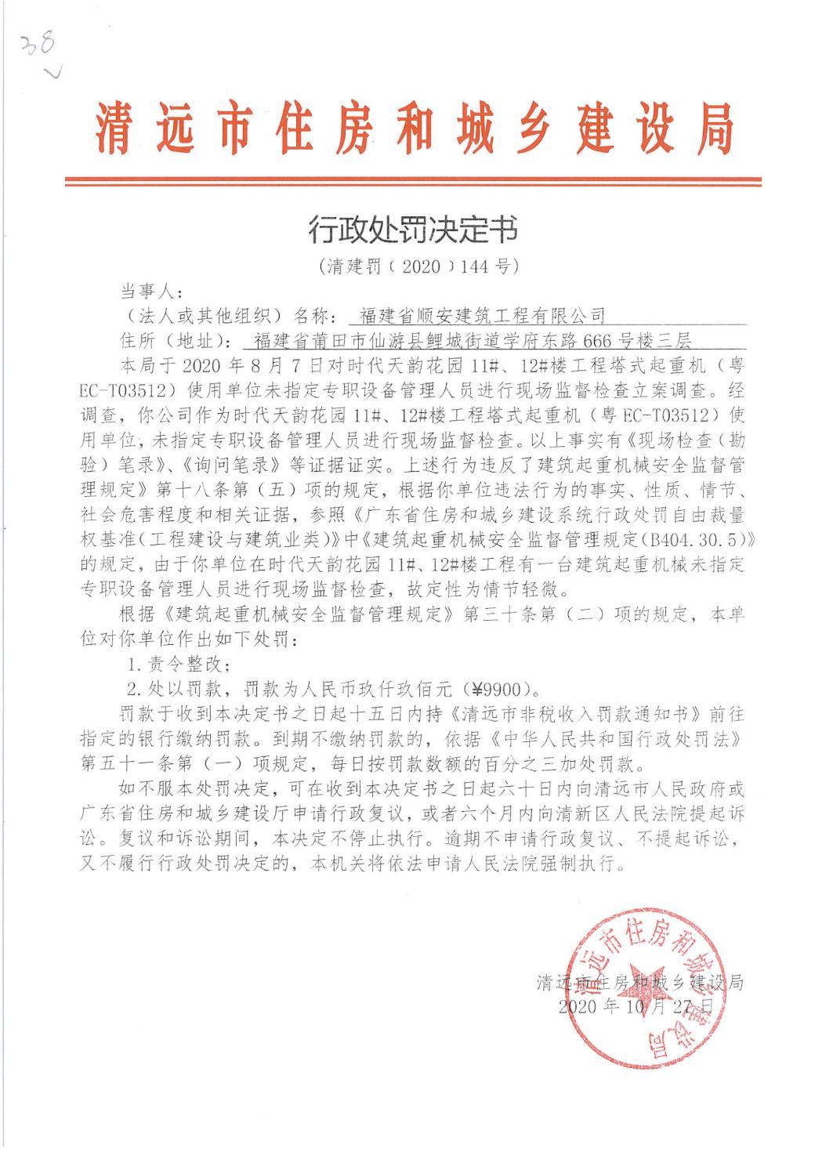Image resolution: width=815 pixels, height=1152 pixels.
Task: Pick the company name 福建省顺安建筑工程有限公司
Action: click(x=482, y=316)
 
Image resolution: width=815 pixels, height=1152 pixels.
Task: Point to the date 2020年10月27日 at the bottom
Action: click(x=636, y=1006)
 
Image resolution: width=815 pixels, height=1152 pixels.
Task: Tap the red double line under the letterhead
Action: click(x=413, y=182)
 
